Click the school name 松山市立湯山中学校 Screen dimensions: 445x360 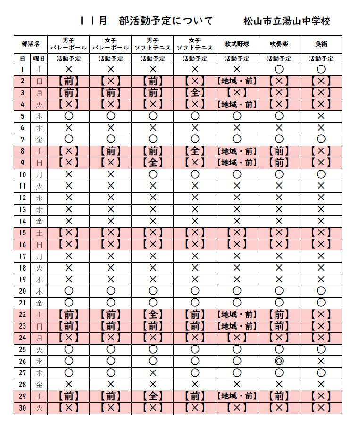coord(287,21)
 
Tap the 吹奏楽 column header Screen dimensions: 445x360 coord(278,44)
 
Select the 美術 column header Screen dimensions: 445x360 coord(321,44)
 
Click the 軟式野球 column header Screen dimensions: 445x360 coord(237,44)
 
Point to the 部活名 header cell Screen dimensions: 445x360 coord(31,44)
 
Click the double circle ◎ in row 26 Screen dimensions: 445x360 coord(278,361)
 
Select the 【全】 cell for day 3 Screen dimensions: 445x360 coord(194,93)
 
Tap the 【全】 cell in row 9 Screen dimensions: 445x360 coord(152,163)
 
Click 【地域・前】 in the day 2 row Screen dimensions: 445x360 coord(237,81)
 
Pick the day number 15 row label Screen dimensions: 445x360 coord(22,233)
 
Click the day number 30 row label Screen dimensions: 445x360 coord(22,408)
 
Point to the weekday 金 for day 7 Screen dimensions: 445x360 coord(39,140)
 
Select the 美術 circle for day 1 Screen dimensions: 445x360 coord(321,69)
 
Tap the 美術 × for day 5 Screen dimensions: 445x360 coord(321,116)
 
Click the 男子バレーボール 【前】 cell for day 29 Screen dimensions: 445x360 coord(68,396)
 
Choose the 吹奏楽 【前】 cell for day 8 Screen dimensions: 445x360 coord(278,151)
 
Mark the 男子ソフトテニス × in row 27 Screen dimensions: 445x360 coord(152,373)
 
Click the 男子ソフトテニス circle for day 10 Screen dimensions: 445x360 coord(152,174)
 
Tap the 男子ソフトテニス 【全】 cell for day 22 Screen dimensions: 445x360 coord(152,314)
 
